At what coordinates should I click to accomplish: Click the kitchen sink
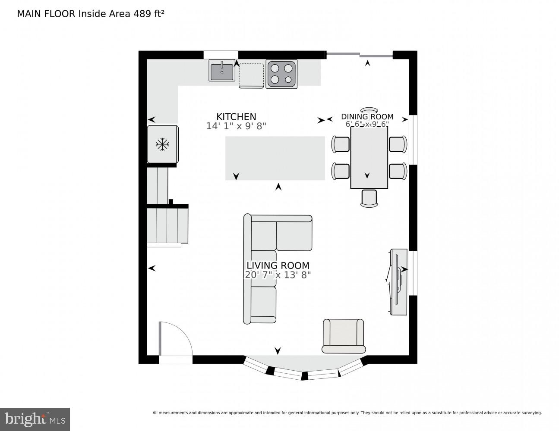(222, 71)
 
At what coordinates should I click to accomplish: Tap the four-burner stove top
(281, 74)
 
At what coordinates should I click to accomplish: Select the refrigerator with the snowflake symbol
(162, 144)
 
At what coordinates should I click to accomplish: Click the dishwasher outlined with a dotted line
(251, 75)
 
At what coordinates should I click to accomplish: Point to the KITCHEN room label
(236, 117)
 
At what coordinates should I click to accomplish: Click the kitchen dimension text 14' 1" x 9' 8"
(236, 126)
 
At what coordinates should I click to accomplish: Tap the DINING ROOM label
(367, 116)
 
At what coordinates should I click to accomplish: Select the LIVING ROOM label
(278, 265)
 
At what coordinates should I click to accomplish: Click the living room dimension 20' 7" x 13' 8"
(278, 275)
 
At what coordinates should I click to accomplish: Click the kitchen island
(275, 158)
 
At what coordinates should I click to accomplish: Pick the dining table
(369, 157)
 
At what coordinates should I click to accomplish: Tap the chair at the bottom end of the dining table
(369, 198)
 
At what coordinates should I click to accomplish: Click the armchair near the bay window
(343, 336)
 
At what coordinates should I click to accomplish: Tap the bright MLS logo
(35, 419)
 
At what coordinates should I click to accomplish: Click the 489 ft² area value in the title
(148, 13)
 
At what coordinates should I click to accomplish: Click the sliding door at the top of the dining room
(359, 54)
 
